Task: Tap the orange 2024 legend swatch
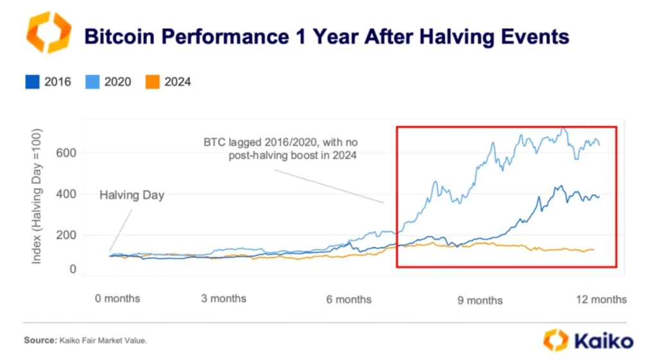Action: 152,81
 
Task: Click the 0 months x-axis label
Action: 117,298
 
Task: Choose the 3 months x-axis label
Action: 224,298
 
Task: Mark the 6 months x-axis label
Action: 349,299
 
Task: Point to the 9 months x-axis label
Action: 481,300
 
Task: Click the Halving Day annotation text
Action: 132,195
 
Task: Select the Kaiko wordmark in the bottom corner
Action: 603,340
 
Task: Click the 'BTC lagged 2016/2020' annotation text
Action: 286,142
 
